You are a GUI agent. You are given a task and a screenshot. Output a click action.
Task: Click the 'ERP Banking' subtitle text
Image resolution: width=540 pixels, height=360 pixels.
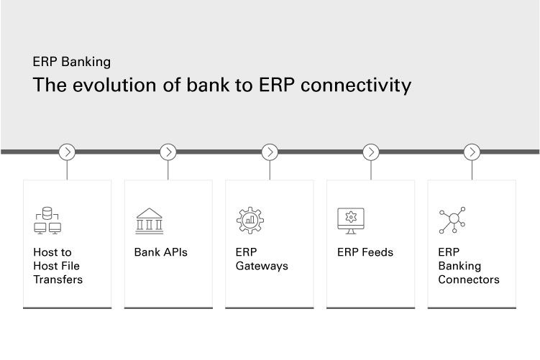(72, 62)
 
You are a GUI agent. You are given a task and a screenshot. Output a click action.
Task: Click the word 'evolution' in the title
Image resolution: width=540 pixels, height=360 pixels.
(114, 85)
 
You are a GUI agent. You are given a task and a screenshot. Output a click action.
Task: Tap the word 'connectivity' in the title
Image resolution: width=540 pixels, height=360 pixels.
(356, 85)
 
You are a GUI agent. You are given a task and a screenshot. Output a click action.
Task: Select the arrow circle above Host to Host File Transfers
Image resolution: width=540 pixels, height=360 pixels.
(67, 152)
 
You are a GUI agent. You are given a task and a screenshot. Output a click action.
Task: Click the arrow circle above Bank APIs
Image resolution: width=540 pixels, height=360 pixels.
(168, 152)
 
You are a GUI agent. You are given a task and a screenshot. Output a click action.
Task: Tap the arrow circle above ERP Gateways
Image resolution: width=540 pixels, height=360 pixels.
(270, 152)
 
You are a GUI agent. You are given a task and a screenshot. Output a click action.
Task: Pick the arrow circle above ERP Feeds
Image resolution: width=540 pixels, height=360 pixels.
(371, 152)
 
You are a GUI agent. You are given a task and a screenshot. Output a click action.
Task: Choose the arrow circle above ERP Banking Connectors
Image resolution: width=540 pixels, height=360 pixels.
(472, 152)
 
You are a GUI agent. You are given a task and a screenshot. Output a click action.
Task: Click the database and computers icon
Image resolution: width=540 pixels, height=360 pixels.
(47, 221)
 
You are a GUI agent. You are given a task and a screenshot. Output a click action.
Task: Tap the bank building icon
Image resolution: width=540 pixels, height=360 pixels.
(149, 221)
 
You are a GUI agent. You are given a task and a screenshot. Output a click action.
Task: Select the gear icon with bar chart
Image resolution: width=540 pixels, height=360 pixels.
(250, 221)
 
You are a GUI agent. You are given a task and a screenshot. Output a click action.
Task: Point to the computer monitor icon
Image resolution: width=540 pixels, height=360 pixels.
(351, 221)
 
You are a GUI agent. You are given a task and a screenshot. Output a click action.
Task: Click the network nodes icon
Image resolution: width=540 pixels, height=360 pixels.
(452, 221)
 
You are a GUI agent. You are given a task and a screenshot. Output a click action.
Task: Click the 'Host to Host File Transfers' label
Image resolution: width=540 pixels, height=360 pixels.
(58, 266)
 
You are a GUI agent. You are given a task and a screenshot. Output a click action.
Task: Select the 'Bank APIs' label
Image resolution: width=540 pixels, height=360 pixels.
(161, 252)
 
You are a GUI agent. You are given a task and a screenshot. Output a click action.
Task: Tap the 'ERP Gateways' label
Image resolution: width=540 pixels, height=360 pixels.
(262, 259)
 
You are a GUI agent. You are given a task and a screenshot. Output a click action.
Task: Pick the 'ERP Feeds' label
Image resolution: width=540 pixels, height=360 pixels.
(365, 252)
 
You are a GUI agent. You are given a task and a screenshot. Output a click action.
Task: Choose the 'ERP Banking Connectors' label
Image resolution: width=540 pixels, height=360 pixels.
(469, 266)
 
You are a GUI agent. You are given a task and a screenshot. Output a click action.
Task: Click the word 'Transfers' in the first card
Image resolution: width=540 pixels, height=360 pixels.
(58, 280)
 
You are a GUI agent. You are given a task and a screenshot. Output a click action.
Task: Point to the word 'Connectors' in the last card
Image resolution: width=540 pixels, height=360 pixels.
(469, 280)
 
